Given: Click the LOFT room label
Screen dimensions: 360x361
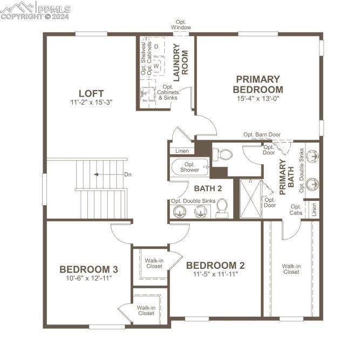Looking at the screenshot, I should point(91,93).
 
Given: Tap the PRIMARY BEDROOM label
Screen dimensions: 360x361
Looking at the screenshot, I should point(258,84).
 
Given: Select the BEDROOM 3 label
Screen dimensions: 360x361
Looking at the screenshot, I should point(88,269).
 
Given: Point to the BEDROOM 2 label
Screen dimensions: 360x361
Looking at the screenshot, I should point(215,266).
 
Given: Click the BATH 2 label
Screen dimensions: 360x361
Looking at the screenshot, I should point(208,188).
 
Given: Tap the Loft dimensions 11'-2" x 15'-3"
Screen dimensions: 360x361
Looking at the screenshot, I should point(91,102).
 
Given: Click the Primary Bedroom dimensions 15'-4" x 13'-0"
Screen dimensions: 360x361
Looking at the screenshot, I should point(258,99).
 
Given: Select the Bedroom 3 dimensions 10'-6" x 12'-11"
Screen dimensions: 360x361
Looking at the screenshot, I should point(88,279).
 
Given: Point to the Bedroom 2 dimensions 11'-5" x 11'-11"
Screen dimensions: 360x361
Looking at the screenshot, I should point(215,274).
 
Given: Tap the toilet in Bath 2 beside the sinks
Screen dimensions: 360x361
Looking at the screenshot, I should point(222,208).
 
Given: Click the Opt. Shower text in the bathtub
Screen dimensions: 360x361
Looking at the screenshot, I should point(189,167).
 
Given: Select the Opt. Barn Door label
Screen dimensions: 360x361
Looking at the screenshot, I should point(262,134).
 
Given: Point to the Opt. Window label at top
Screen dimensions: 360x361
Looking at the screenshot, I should point(181,25).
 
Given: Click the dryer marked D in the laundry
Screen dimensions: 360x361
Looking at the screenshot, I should point(156,46).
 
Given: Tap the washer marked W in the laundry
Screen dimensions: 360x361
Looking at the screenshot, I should point(156,66).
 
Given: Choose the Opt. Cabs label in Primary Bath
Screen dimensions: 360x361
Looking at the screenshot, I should point(296,209).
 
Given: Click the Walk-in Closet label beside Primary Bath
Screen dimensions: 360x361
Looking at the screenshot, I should point(291,268).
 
